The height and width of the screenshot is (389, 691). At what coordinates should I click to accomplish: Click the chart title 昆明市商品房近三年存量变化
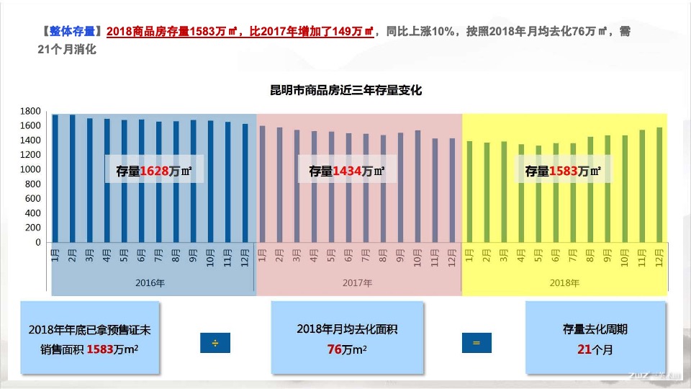pos(345,91)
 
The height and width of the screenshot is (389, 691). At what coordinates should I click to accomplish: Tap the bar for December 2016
pos(245,184)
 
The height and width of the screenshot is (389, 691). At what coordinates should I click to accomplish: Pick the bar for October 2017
pos(417,187)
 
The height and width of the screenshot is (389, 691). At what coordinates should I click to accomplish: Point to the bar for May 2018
pos(538,194)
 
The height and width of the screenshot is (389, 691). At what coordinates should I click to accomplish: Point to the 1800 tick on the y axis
pos(30,111)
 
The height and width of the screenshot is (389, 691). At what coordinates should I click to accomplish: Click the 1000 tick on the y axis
pos(30,169)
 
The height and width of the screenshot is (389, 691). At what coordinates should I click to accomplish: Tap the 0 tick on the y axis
pos(37,243)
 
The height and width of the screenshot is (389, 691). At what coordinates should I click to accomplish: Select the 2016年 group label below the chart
pos(150,283)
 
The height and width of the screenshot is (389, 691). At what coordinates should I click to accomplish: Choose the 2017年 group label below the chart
pos(357,283)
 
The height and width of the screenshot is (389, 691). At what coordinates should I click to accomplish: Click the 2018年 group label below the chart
pos(564,283)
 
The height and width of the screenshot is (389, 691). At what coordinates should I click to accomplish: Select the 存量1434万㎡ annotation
pos(347,171)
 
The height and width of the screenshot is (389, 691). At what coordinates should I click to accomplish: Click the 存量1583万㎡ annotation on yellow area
pos(563,171)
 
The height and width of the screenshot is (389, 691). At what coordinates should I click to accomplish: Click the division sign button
pos(214,344)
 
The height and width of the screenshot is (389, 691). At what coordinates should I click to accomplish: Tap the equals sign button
pos(476,344)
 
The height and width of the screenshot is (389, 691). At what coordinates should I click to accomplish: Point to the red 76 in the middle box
pos(334,349)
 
